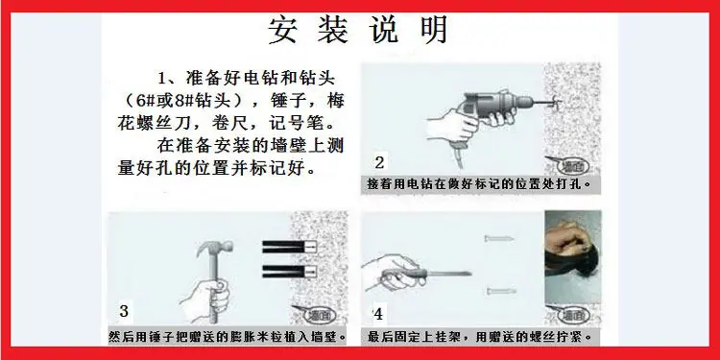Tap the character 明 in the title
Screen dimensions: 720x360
tap(432, 31)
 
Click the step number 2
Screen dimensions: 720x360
tap(379, 162)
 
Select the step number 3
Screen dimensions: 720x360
tap(124, 311)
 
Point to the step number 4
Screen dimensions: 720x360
tap(378, 315)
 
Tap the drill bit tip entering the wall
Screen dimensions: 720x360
tap(557, 101)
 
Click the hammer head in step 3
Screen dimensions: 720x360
tap(214, 248)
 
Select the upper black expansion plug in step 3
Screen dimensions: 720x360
tap(289, 247)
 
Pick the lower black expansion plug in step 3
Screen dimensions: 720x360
tap(289, 272)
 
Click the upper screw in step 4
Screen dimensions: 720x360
tap(498, 238)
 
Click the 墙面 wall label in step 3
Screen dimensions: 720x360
tap(315, 315)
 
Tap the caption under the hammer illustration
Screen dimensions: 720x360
tap(228, 338)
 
